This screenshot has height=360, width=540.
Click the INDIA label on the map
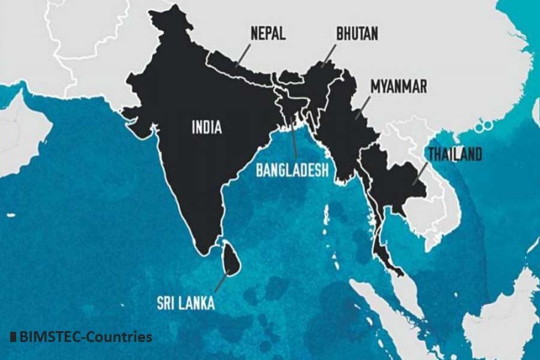[x=207, y=127]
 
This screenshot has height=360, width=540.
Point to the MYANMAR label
[x=398, y=86]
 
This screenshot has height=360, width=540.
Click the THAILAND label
[x=454, y=155]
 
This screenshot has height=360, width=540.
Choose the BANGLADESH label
[x=292, y=170]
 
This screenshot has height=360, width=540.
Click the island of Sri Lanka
[x=230, y=260]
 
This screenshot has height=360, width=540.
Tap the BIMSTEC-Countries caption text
[x=86, y=337]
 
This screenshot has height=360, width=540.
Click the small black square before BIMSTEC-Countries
[x=13, y=337]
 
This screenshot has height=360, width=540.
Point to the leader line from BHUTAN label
[x=329, y=55]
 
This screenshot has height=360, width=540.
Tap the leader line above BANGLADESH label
[x=293, y=138]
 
